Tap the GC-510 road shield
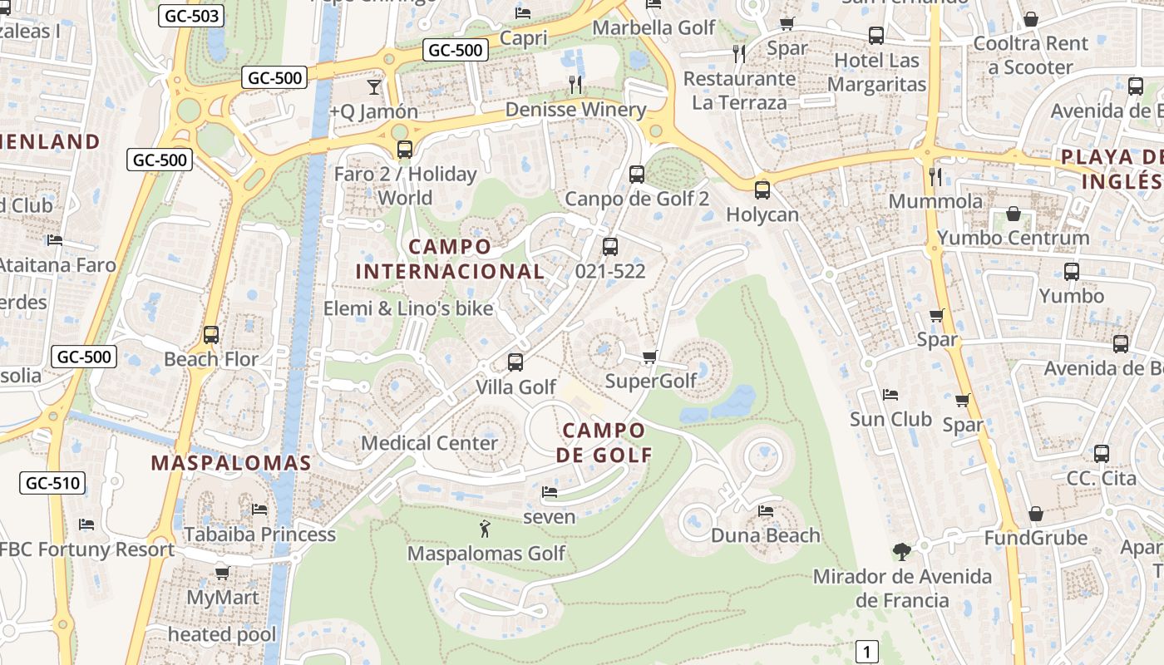(x=52, y=482)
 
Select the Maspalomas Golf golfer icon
(x=485, y=528)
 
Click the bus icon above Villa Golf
(x=515, y=362)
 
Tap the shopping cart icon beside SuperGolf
(x=649, y=357)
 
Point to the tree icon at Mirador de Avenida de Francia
(x=901, y=550)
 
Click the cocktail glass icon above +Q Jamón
(x=373, y=86)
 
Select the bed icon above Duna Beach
(x=765, y=510)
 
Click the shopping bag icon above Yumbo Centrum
(x=1014, y=214)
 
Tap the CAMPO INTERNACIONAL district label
(x=451, y=259)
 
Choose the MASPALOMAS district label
(x=231, y=464)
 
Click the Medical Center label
(x=429, y=443)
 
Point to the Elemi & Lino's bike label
(x=408, y=308)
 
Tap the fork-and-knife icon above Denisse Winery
(x=575, y=84)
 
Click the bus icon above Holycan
(x=762, y=190)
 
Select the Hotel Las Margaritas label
(x=876, y=72)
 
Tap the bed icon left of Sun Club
(x=890, y=394)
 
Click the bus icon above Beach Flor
(x=211, y=334)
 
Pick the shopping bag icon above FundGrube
(x=1035, y=514)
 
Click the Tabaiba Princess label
(x=259, y=534)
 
